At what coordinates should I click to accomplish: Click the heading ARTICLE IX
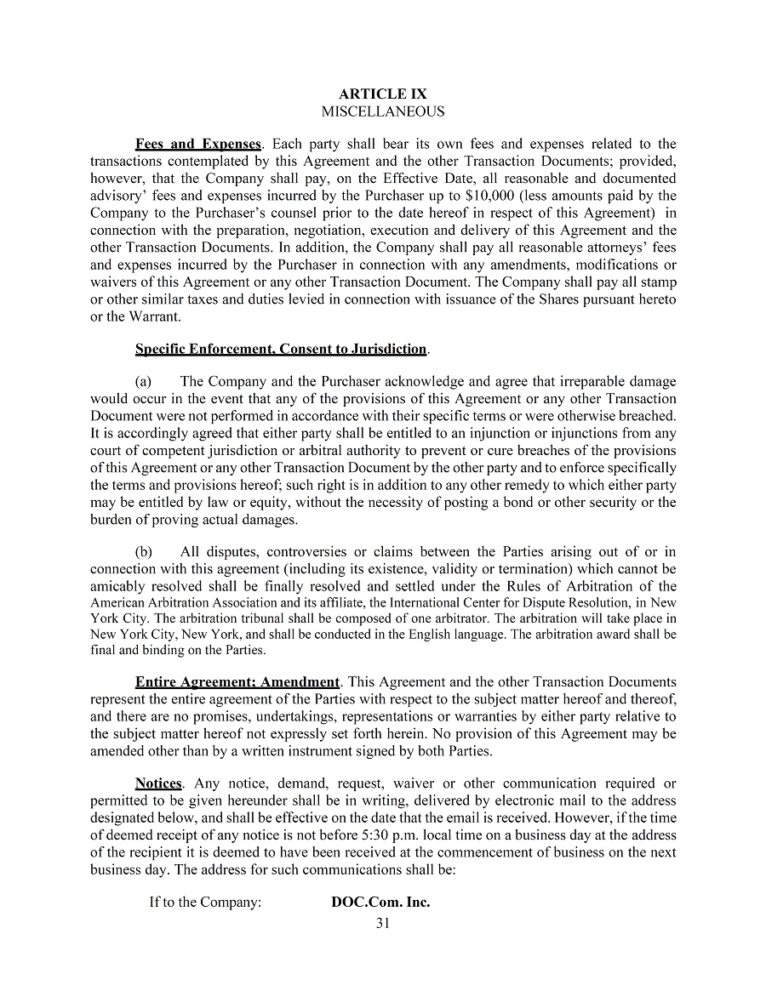pos(382,94)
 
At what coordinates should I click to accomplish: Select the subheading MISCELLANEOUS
pos(382,111)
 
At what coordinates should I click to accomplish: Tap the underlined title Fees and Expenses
pos(197,145)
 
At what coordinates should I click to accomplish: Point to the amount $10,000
pos(491,196)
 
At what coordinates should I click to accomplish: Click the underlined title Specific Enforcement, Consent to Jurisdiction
pos(281,349)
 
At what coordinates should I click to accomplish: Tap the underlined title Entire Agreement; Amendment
pos(237,682)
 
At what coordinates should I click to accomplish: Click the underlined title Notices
pos(158,783)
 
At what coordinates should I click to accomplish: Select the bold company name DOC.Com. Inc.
pos(380,902)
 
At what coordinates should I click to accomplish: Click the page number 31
pos(382,924)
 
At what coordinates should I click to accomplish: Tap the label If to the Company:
pos(205,902)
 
